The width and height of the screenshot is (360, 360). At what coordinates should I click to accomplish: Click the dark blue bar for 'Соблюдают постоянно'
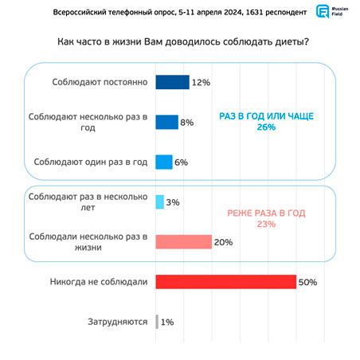point(173,82)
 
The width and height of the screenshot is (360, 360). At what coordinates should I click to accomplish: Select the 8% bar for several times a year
point(167,122)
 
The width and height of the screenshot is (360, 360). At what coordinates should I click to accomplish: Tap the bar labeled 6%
point(164,162)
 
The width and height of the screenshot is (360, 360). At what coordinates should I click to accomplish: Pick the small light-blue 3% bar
point(160,202)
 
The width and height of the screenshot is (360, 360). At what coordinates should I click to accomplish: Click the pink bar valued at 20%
point(184,242)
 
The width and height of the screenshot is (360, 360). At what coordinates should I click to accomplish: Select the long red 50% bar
point(226,282)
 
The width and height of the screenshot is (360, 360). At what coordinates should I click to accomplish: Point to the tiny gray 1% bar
point(157,322)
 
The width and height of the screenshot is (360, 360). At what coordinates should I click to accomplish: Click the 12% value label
point(201,83)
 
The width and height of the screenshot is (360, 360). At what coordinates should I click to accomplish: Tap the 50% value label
point(307,282)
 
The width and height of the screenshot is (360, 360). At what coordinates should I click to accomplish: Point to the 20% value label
point(223,242)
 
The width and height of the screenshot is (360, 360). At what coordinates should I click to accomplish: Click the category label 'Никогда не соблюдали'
point(99,282)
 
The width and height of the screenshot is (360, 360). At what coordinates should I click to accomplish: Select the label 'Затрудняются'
point(118,322)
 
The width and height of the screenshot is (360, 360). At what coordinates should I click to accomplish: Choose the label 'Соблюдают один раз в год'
point(91,162)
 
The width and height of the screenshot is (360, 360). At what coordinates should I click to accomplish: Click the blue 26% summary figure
point(266,127)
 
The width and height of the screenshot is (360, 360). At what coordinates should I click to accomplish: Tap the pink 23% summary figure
point(266,224)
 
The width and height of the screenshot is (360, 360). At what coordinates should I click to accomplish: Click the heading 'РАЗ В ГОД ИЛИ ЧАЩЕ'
point(266,116)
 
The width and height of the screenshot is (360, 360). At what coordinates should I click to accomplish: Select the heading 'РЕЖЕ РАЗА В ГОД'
point(266,213)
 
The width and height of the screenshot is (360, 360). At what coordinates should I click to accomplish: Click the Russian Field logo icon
point(323,11)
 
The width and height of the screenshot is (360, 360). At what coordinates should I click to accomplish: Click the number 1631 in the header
point(255,12)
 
